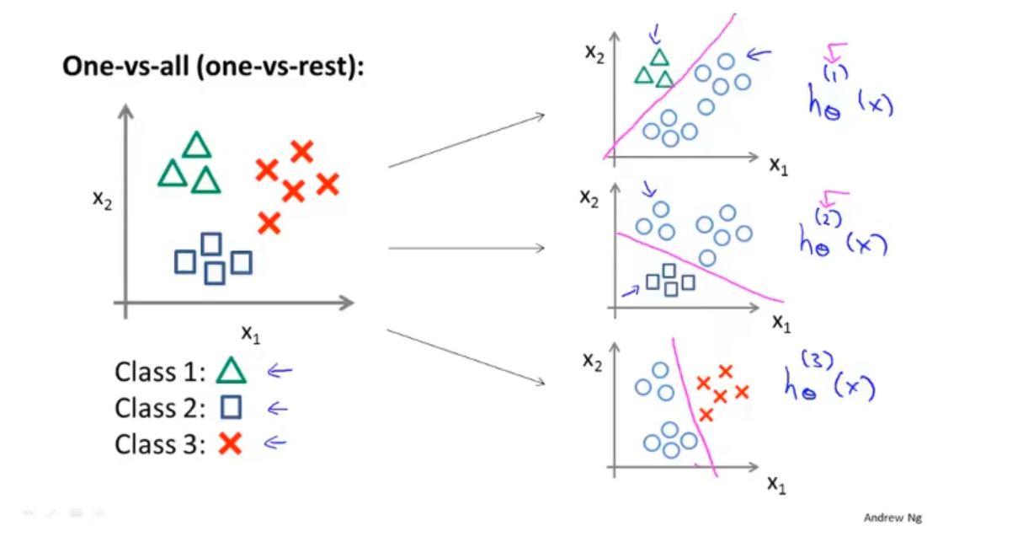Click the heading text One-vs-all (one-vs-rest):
coord(213,67)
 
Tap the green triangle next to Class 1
coord(231,371)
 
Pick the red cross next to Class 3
coord(230,443)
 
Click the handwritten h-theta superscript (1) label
coord(847,101)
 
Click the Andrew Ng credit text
coord(892,518)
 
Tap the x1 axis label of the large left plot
coord(252,334)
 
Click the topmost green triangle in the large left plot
coord(196,145)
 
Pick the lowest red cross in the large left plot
coord(269,223)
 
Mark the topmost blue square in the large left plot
coord(211,244)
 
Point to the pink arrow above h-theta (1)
coord(836,52)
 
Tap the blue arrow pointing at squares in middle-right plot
coord(629,291)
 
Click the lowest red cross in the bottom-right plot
coord(706,415)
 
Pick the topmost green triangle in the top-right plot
coord(659,57)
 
